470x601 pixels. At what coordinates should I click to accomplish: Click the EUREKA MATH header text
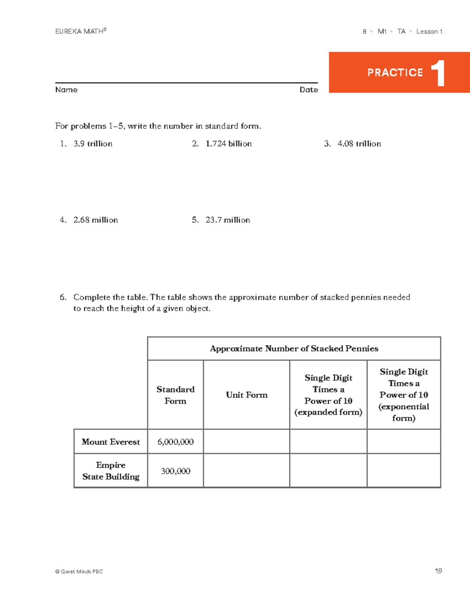click(80, 31)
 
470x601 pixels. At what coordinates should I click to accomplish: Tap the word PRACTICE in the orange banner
click(395, 73)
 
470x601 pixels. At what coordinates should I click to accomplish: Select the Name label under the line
click(66, 90)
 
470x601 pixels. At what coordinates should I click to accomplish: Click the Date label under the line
click(309, 90)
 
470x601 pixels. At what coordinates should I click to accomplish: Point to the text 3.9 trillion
click(93, 144)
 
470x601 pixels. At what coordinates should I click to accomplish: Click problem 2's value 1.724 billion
click(228, 144)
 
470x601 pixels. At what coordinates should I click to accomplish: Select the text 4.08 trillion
click(359, 144)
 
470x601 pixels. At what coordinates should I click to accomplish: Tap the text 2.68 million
click(96, 220)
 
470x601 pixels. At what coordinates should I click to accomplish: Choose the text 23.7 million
click(228, 220)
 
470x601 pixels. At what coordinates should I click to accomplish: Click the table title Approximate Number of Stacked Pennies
click(294, 349)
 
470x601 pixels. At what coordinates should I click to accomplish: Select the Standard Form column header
click(175, 395)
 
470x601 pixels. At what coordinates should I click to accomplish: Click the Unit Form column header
click(246, 395)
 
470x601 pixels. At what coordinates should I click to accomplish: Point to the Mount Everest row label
click(111, 442)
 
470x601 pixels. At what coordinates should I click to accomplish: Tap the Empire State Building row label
click(111, 471)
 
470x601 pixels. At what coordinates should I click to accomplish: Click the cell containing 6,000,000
click(175, 442)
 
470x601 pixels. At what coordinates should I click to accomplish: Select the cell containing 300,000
click(175, 471)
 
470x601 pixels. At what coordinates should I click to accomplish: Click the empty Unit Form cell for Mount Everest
click(246, 442)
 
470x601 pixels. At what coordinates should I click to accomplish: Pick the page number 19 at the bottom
click(438, 571)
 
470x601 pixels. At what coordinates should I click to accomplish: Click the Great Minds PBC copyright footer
click(79, 572)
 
